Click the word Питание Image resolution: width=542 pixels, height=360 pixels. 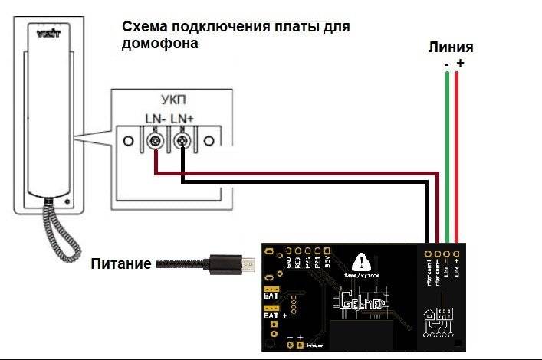click(x=120, y=265)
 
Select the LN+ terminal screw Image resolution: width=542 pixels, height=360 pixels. click(x=182, y=142)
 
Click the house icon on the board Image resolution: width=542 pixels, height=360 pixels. click(x=439, y=321)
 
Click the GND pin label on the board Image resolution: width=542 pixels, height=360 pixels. click(x=288, y=264)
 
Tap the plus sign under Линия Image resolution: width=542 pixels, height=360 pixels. click(x=460, y=64)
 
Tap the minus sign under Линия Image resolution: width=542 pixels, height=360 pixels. click(x=446, y=64)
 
